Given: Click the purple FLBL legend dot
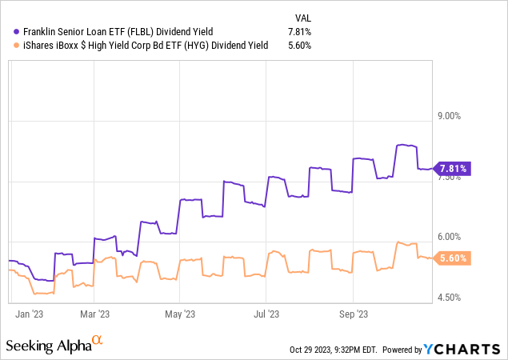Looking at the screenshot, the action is click(x=17, y=32).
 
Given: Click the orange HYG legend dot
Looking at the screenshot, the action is click(x=17, y=46).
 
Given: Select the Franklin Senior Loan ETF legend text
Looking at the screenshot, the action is click(x=118, y=32).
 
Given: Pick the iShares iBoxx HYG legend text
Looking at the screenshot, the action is click(x=146, y=45).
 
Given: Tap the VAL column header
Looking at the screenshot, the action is click(x=303, y=18).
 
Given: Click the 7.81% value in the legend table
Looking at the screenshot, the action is click(x=300, y=32).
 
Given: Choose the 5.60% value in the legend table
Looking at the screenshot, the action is click(x=300, y=45).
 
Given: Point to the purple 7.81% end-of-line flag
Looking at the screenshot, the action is click(x=452, y=169).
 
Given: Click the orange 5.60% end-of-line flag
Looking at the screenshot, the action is click(x=452, y=258).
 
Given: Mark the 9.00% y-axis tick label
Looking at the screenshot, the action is click(x=449, y=116).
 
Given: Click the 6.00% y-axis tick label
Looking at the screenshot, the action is click(x=449, y=237).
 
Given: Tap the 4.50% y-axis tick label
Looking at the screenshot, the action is click(x=449, y=298).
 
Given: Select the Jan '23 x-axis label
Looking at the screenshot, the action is click(x=29, y=314).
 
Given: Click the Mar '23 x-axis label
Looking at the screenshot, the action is click(x=95, y=314).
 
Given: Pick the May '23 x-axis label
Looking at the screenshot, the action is click(x=180, y=314).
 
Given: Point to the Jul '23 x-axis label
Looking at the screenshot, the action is click(x=266, y=314).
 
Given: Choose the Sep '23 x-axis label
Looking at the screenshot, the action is click(x=354, y=314).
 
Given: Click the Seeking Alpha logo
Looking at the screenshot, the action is click(x=54, y=344).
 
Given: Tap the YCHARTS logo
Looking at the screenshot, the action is click(x=462, y=350).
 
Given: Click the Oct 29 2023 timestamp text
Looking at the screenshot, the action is click(x=334, y=350).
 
